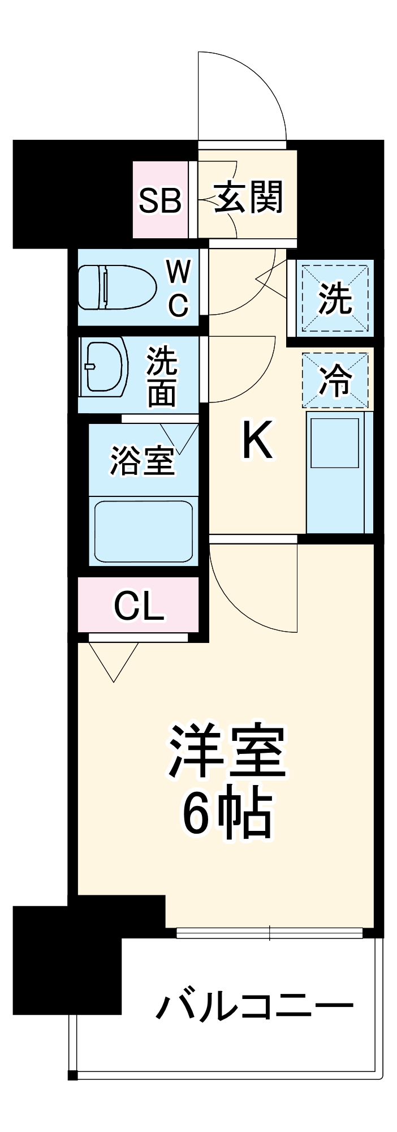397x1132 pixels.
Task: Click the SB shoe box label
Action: (x=160, y=200)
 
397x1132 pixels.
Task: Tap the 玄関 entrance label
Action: (x=248, y=198)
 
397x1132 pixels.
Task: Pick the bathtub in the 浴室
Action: (x=143, y=530)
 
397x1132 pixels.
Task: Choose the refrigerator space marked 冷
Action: (x=335, y=380)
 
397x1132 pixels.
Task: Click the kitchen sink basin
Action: (x=335, y=443)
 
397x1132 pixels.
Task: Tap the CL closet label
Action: (x=139, y=606)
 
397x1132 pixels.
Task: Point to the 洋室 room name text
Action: (x=226, y=751)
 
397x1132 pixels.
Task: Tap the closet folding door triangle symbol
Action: (x=114, y=659)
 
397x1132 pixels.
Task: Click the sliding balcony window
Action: (x=269, y=932)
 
